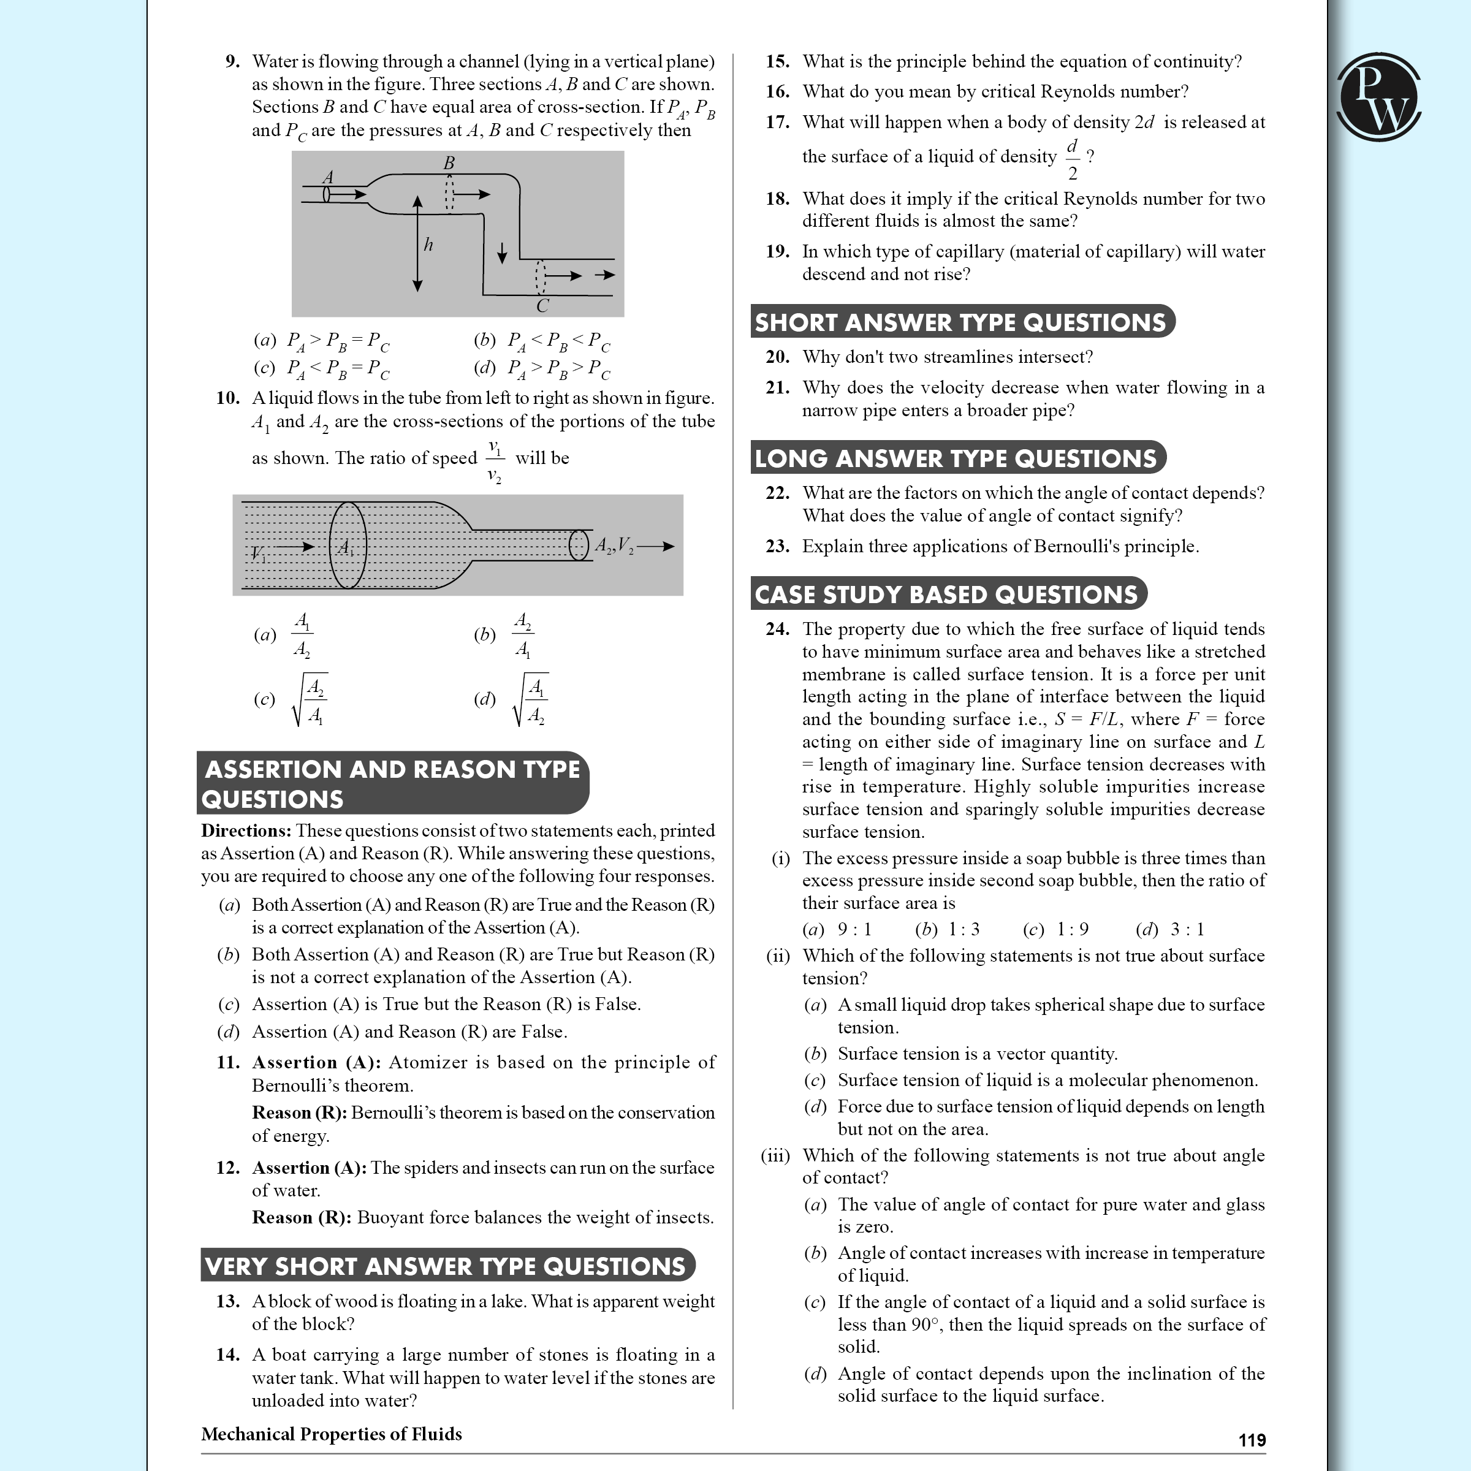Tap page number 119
(1252, 1440)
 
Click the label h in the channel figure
(428, 245)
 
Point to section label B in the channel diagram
(449, 163)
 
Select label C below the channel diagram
(542, 306)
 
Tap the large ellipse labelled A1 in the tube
(348, 545)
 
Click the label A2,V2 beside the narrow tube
(614, 545)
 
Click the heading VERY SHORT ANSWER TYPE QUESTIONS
(446, 1266)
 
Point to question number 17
(777, 122)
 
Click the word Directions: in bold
(246, 831)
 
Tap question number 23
(777, 546)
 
